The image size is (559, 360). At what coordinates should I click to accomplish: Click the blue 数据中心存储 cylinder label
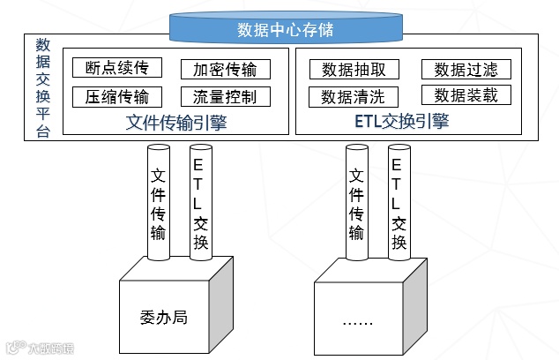point(285,29)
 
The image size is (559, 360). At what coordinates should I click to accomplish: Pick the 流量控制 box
point(225,97)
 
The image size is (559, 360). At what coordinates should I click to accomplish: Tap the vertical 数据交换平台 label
point(42,86)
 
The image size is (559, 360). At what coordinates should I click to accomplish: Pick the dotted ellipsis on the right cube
point(360,322)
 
